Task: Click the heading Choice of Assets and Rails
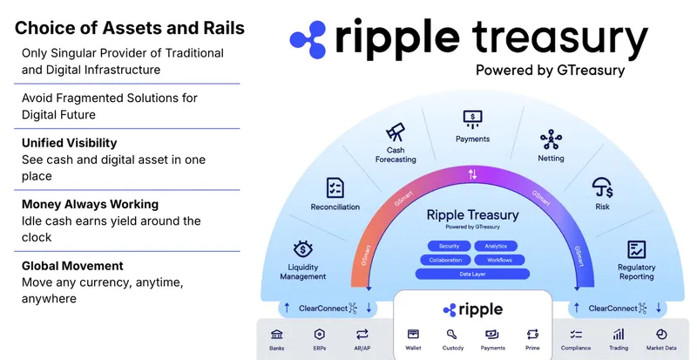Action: [130, 27]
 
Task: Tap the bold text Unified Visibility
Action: [70, 142]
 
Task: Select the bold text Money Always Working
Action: [90, 204]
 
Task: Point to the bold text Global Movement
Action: [72, 265]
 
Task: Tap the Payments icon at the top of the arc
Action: [472, 118]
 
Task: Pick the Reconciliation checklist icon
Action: [335, 187]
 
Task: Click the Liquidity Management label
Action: [304, 271]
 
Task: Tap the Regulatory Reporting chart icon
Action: [636, 249]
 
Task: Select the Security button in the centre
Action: [449, 246]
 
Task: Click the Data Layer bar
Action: [472, 274]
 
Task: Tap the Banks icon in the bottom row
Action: [276, 334]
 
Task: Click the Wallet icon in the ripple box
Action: [413, 334]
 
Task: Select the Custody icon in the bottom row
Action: [453, 334]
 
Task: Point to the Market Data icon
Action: [660, 334]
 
